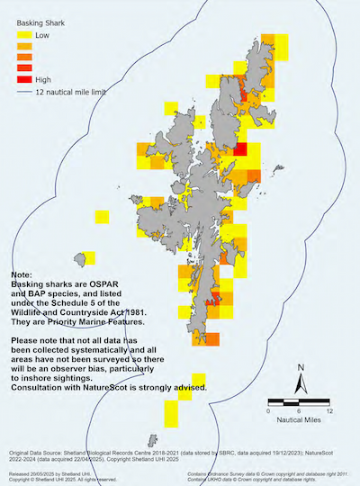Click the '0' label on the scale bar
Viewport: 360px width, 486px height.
[x=270, y=410]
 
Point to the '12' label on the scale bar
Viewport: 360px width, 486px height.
[x=330, y=410]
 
